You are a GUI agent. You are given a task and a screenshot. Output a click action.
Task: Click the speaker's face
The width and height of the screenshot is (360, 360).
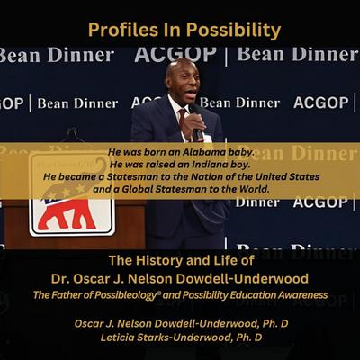[x=183, y=82]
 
